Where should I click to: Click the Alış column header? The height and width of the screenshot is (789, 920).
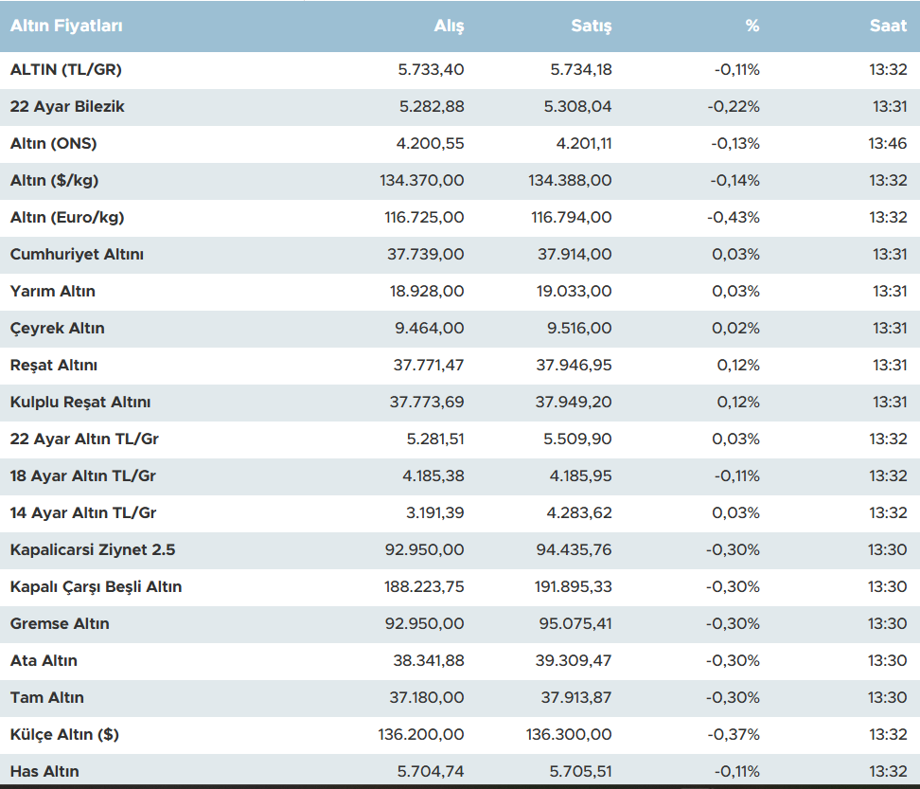pyautogui.click(x=449, y=27)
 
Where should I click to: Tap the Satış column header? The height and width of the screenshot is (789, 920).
pyautogui.click(x=591, y=27)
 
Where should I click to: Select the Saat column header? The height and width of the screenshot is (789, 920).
pyautogui.click(x=888, y=27)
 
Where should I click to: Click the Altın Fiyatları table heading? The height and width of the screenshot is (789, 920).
pyautogui.click(x=66, y=27)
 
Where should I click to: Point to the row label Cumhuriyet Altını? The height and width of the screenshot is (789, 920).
pyautogui.click(x=77, y=255)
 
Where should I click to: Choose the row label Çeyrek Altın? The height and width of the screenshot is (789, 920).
pyautogui.click(x=57, y=329)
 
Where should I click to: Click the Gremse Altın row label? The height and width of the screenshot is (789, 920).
pyautogui.click(x=60, y=624)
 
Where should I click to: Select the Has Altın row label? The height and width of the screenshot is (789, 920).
pyautogui.click(x=44, y=772)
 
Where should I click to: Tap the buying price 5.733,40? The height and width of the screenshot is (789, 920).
pyautogui.click(x=432, y=70)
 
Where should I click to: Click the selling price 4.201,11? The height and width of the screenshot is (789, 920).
pyautogui.click(x=580, y=144)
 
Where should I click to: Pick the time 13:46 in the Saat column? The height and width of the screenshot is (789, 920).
pyautogui.click(x=888, y=144)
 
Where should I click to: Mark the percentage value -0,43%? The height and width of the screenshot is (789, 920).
pyautogui.click(x=734, y=218)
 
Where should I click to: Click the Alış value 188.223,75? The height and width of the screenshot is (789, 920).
pyautogui.click(x=424, y=587)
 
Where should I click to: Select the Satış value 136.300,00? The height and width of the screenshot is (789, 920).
pyautogui.click(x=569, y=735)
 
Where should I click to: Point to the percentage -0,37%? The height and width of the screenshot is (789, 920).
pyautogui.click(x=734, y=735)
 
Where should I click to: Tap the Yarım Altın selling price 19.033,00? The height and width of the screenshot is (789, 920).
pyautogui.click(x=574, y=292)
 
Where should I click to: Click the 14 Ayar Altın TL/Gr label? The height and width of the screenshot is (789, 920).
pyautogui.click(x=83, y=513)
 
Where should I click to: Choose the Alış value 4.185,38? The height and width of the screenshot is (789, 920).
pyautogui.click(x=433, y=476)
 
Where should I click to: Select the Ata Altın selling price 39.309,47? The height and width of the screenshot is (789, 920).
pyautogui.click(x=574, y=661)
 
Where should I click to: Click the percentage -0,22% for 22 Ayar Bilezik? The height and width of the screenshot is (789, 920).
pyautogui.click(x=734, y=107)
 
